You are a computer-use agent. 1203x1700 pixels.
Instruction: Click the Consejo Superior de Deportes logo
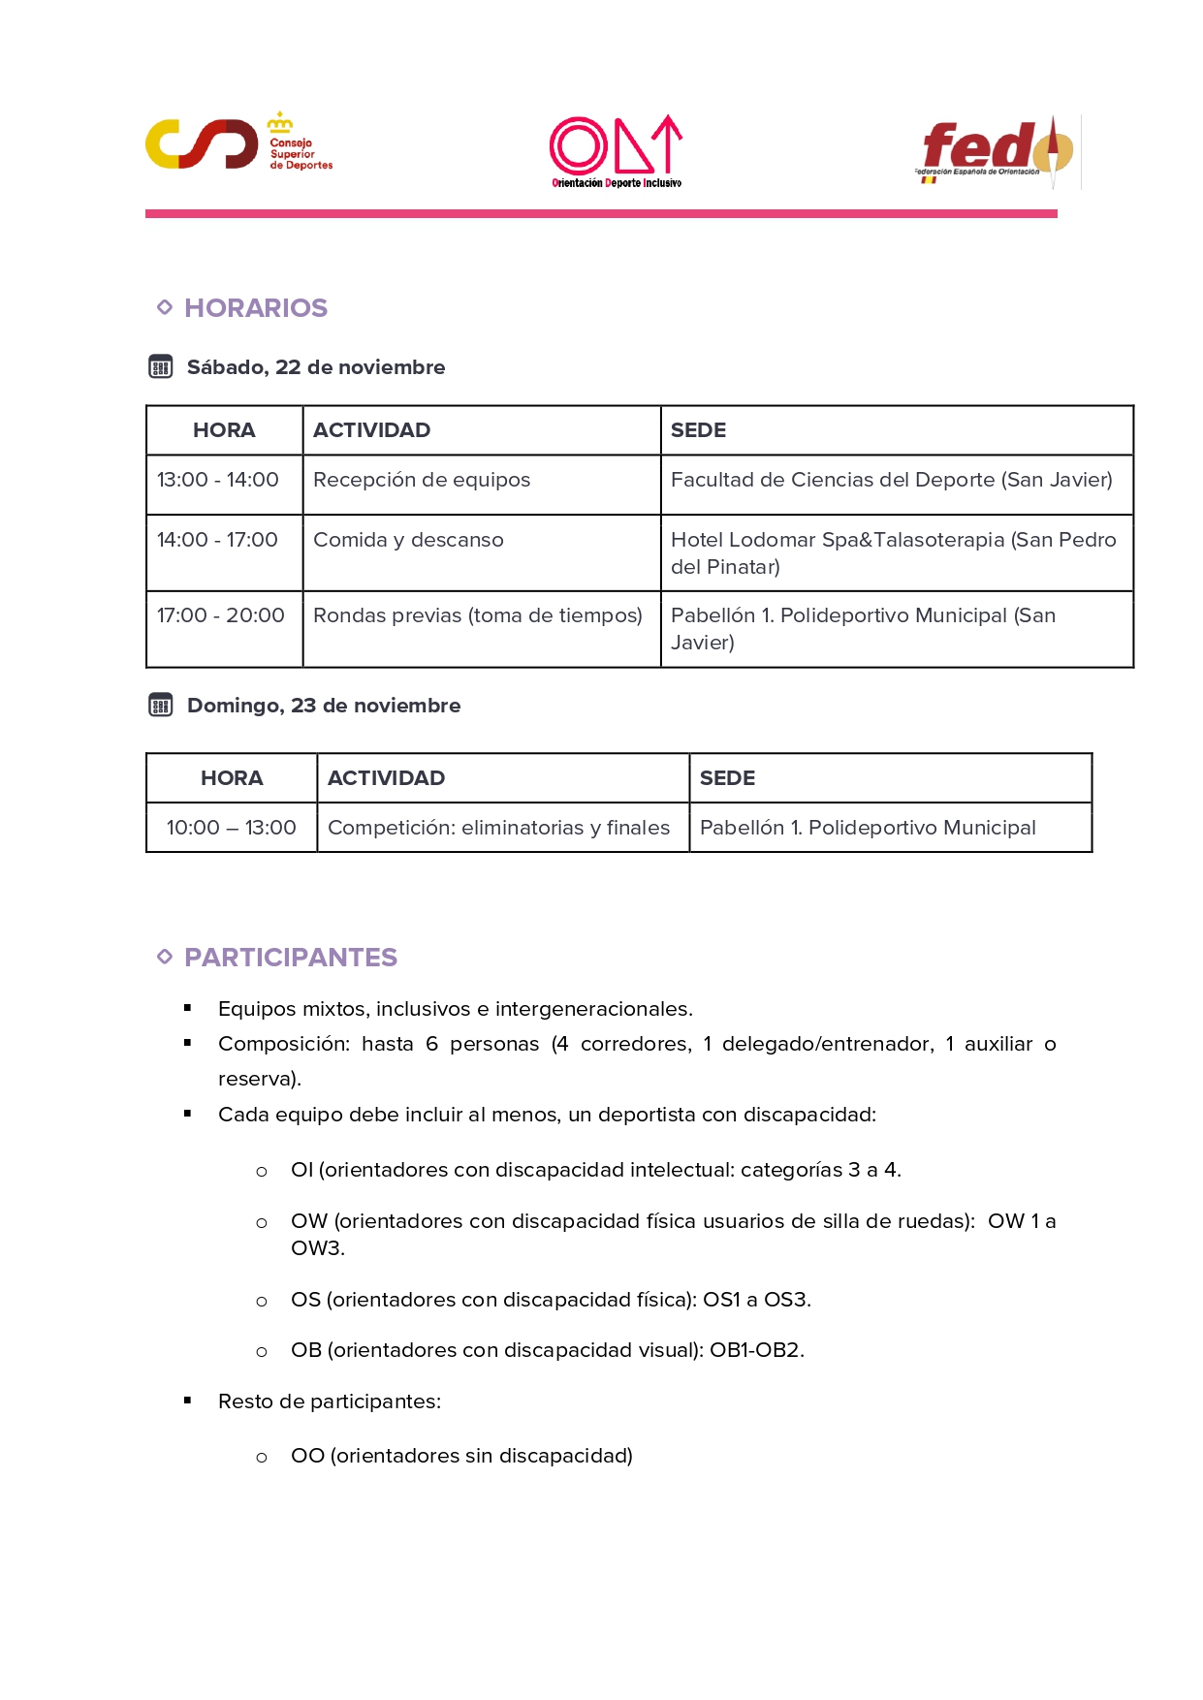pos(238,143)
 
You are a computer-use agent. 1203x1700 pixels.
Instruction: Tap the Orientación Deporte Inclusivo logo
pos(616,151)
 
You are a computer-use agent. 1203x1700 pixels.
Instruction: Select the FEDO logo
pos(997,151)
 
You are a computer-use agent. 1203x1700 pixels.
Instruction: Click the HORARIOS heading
pos(256,308)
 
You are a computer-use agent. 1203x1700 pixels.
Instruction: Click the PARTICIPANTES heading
pos(291,958)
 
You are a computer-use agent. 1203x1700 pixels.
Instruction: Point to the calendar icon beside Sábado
pos(161,367)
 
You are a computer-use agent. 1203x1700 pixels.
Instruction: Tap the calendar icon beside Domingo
pos(161,706)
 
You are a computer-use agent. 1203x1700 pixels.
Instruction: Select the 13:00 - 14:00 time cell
pos(218,480)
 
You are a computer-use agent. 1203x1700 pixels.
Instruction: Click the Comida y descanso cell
pos(408,540)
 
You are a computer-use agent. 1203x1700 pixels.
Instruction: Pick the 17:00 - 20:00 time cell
pos(221,615)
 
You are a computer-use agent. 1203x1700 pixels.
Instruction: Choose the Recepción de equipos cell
pos(422,480)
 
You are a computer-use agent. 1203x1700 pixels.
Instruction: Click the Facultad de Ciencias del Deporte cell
pos(891,480)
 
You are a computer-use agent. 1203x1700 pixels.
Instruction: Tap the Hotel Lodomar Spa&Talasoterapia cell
pos(893,552)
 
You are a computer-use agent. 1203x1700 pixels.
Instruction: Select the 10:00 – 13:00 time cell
pos(231,828)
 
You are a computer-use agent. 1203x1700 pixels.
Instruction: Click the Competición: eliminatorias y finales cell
pos(498,828)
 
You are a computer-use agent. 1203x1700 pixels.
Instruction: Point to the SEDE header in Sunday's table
pos(727,778)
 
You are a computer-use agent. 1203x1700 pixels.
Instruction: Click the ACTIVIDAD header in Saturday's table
pos(371,430)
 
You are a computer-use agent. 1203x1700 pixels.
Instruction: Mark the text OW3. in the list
pos(318,1248)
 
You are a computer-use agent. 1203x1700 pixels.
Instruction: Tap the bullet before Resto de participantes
pos(187,1401)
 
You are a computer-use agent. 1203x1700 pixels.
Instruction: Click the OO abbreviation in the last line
pos(307,1456)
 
